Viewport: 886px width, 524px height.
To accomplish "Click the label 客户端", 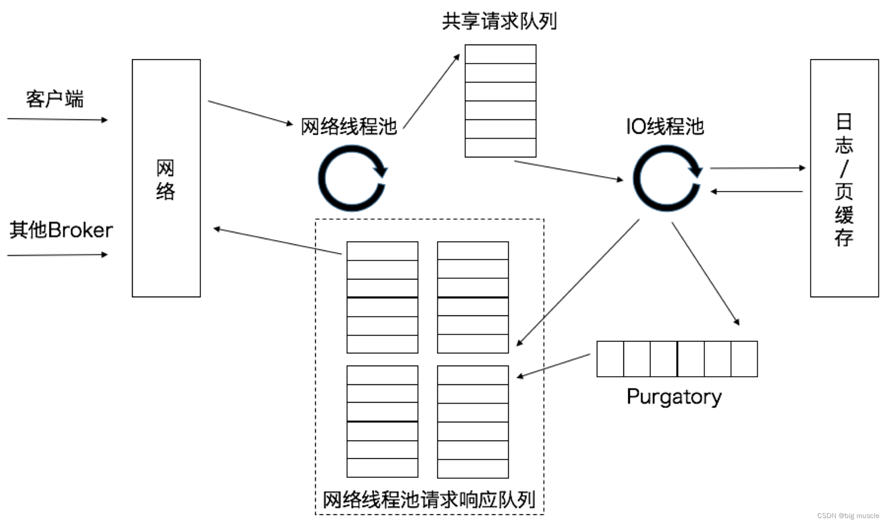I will click(55, 99).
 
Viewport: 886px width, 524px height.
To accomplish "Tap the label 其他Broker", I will click(61, 230).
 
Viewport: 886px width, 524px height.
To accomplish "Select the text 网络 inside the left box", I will click(166, 180).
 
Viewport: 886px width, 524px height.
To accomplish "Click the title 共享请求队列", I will click(499, 21).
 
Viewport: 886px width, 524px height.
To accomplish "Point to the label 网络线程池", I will click(349, 126).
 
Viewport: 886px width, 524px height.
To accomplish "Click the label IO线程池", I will click(665, 126).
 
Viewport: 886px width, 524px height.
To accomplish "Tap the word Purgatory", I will click(674, 397).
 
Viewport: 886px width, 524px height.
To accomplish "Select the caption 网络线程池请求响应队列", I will click(429, 499).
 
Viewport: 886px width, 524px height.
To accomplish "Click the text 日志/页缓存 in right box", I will click(844, 180).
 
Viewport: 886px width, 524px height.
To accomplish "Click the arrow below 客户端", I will click(57, 120).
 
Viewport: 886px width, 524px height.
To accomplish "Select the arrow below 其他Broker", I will click(57, 255).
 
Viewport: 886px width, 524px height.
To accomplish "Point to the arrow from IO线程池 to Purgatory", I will click(705, 273).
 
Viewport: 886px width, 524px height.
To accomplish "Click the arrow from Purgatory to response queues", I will click(553, 366).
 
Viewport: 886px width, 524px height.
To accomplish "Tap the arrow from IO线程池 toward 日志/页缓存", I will click(757, 168).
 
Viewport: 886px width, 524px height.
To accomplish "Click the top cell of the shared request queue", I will click(500, 54).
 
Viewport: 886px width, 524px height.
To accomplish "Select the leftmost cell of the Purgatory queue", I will click(610, 359).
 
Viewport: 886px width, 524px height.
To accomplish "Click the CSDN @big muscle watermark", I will click(848, 516).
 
